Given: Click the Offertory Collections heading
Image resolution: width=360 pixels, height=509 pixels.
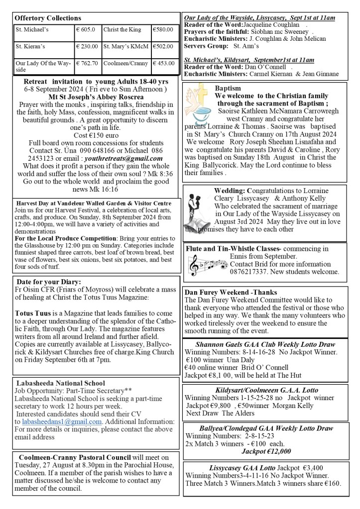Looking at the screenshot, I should tap(47, 18).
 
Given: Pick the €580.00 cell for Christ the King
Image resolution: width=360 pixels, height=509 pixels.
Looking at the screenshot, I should tap(163, 30).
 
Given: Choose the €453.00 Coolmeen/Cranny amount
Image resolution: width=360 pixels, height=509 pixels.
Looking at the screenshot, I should tap(164, 63).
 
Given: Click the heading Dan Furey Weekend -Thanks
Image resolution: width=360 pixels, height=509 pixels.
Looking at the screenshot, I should tap(231, 292).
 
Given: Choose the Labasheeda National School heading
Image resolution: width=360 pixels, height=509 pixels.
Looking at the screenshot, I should tap(61, 383).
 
